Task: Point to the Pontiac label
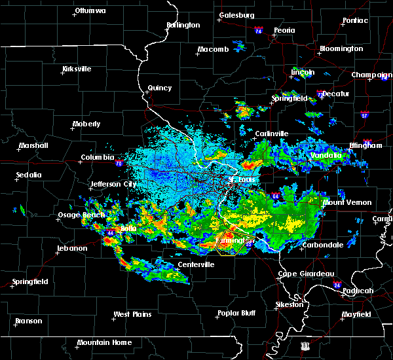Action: point(356,20)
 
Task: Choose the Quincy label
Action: point(160,88)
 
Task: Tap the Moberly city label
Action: point(86,124)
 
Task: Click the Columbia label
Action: point(98,158)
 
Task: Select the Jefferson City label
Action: point(114,184)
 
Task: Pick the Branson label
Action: point(29,321)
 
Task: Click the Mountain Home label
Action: point(104,342)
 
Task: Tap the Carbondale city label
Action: point(323,245)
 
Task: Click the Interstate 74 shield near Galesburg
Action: point(259,31)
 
